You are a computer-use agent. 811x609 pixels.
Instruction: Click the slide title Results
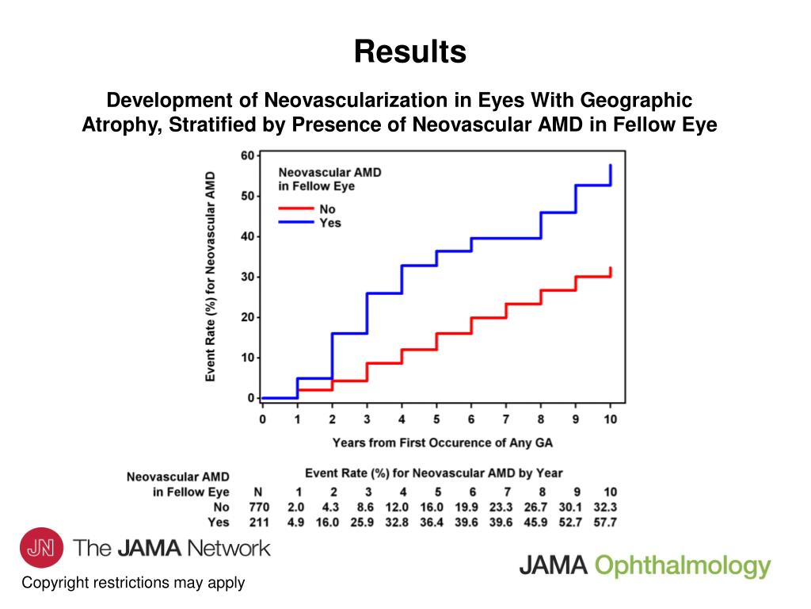click(x=409, y=52)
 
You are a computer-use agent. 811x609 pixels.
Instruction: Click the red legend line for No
click(x=295, y=209)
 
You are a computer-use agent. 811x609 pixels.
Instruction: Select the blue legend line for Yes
click(x=295, y=223)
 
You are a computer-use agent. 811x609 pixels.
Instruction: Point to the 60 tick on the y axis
click(x=247, y=155)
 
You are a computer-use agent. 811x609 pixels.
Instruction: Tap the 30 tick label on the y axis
click(x=247, y=277)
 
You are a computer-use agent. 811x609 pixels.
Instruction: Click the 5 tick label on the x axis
click(x=436, y=418)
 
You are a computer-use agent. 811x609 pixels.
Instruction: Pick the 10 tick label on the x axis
click(x=610, y=418)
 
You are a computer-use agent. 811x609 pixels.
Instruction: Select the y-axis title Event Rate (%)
click(x=211, y=276)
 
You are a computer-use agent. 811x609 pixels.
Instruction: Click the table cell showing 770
click(x=259, y=507)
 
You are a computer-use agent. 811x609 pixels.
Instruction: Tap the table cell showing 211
click(x=259, y=522)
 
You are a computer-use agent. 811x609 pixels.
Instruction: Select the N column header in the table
click(x=257, y=492)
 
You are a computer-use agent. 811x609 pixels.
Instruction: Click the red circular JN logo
click(x=41, y=549)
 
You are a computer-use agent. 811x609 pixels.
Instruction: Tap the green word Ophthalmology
click(x=682, y=565)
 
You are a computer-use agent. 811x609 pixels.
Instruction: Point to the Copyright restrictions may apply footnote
click(x=133, y=583)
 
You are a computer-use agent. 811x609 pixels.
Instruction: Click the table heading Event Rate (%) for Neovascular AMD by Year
click(x=434, y=473)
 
